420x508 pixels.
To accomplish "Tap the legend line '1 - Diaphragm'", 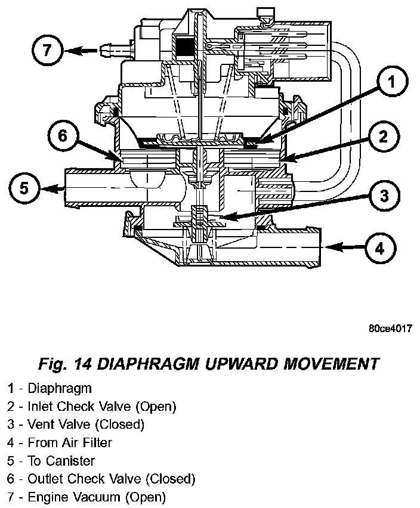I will point(50,389).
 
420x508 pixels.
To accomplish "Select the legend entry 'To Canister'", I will point(61,461).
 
